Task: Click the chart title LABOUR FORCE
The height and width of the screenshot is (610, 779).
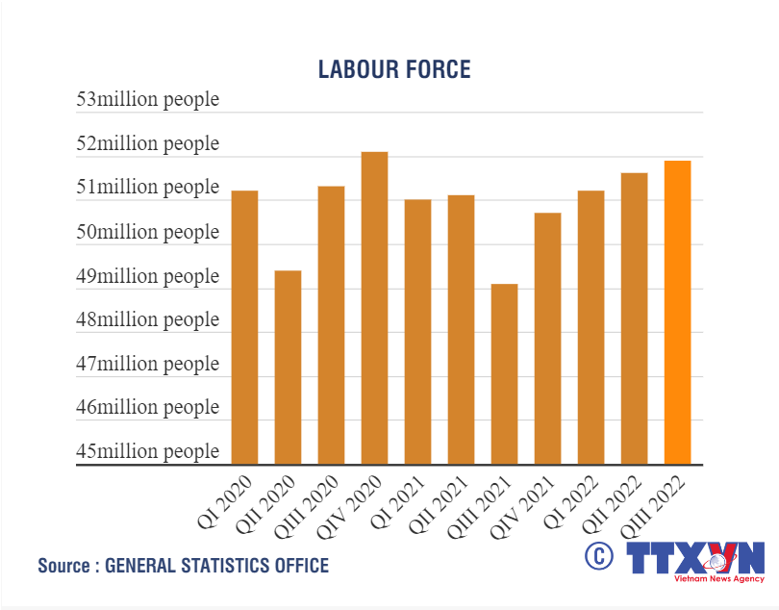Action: tap(394, 69)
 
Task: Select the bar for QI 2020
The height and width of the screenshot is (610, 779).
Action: tap(244, 327)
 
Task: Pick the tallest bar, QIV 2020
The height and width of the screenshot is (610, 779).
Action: tap(374, 308)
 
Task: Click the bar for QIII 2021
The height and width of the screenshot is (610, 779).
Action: tap(504, 374)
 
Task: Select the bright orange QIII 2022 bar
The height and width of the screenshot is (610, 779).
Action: tap(677, 313)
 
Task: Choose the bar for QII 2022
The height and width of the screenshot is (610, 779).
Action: tap(634, 318)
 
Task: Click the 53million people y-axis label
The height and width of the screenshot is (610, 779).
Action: tap(148, 100)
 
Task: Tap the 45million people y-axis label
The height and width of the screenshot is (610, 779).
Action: tap(148, 451)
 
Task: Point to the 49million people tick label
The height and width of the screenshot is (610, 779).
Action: tap(148, 276)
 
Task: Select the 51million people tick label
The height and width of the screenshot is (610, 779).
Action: tap(148, 188)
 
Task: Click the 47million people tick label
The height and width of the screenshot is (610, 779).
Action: tap(148, 364)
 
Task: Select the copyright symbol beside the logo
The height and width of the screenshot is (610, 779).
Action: tap(598, 555)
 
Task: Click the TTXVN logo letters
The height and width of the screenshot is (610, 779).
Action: tap(694, 558)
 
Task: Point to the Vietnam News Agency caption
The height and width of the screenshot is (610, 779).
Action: tap(718, 580)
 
